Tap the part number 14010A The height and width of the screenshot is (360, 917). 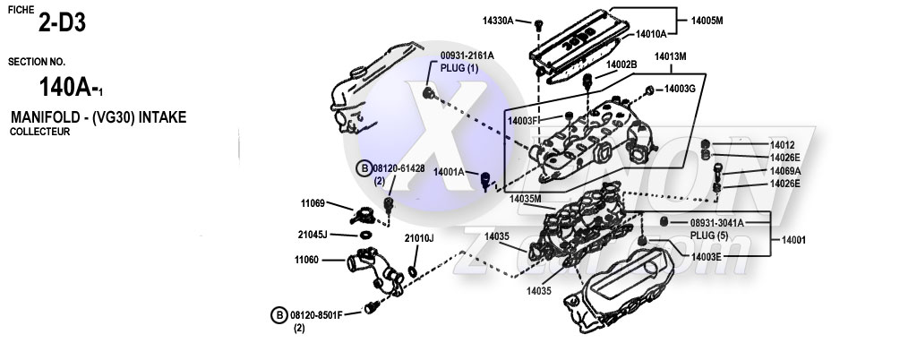652,34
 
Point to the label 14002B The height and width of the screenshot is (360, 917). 621,64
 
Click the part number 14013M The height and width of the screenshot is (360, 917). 670,56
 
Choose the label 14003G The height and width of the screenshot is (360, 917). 680,89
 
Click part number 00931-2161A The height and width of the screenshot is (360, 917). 467,56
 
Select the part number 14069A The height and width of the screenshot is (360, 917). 785,170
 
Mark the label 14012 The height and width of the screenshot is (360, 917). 782,144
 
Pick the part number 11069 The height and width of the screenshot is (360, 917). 313,203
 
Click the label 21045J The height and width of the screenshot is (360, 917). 313,234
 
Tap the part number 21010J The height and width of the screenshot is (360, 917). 418,238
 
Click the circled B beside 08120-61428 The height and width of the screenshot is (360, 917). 364,167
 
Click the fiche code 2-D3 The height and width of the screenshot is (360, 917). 62,24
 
